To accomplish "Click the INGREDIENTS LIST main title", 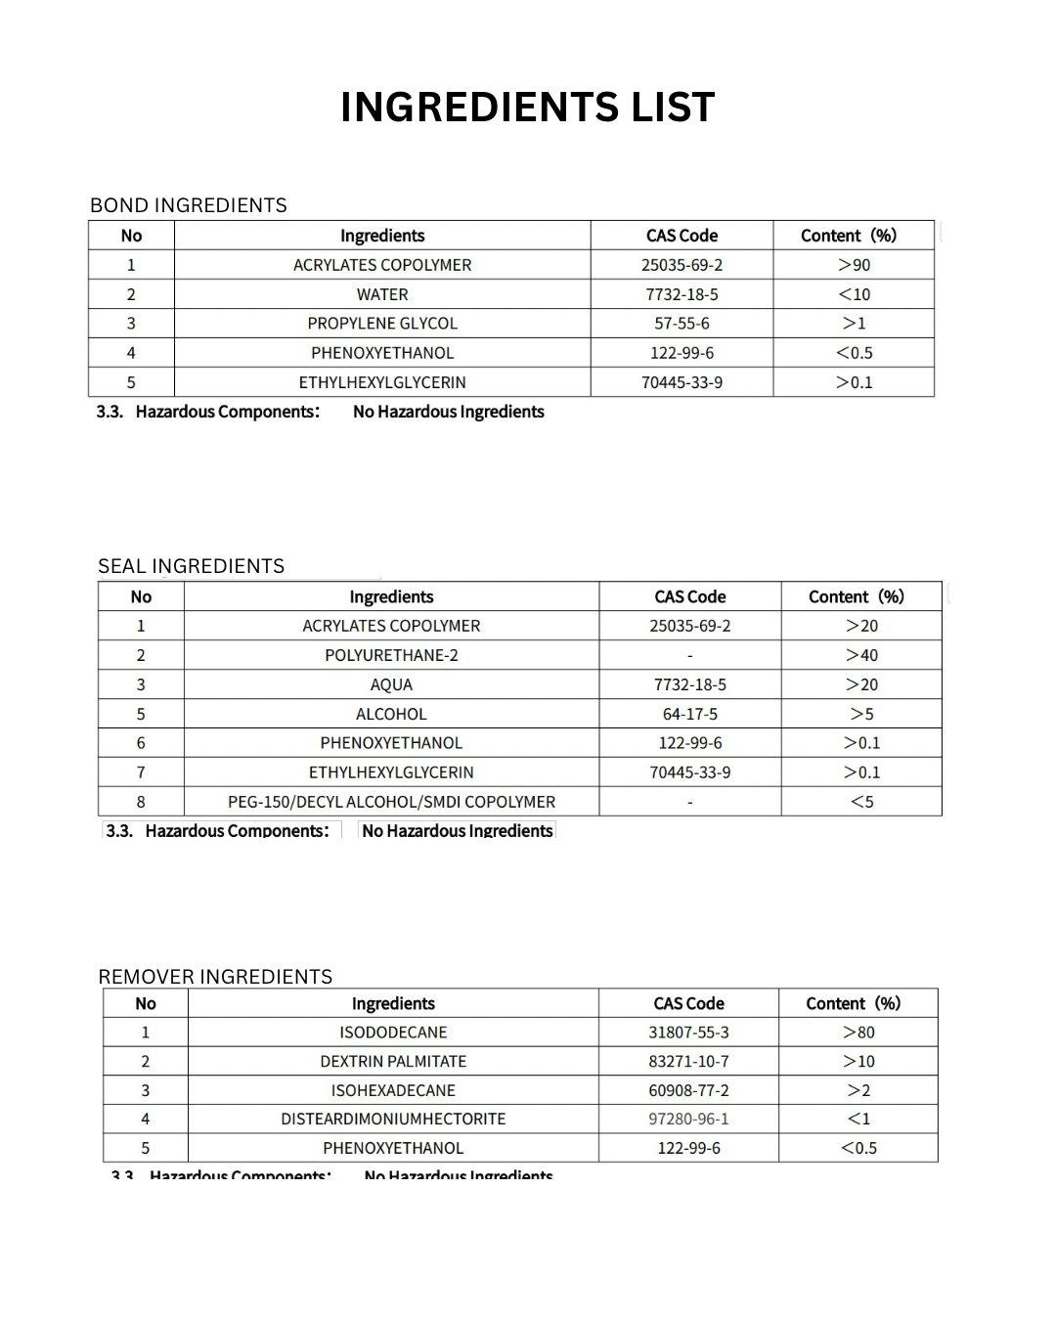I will coord(528,108).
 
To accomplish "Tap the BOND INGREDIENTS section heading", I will coord(189,205).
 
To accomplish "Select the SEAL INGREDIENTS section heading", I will coord(192,566).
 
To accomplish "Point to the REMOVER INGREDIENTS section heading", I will coord(215,977).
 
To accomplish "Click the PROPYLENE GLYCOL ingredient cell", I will coord(382,324).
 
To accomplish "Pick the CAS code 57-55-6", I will coord(682,324).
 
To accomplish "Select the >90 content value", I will coord(854,265).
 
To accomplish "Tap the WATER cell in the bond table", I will coord(382,294).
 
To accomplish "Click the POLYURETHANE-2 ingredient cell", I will coord(391,655).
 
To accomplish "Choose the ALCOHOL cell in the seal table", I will coord(391,714).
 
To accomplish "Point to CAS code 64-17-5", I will coord(689,714).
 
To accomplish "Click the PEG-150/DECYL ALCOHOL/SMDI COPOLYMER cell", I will coord(391,802).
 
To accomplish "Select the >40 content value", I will coord(861,655).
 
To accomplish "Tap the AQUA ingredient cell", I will coord(391,684).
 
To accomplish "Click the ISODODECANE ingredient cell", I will coord(393,1033).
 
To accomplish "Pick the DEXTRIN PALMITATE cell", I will coord(393,1061).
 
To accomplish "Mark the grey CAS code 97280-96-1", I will coord(688,1119).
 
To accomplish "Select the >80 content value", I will coord(858,1033).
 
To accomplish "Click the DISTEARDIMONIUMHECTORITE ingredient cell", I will coord(393,1119).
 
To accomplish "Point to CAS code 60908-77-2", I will coord(688,1090).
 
